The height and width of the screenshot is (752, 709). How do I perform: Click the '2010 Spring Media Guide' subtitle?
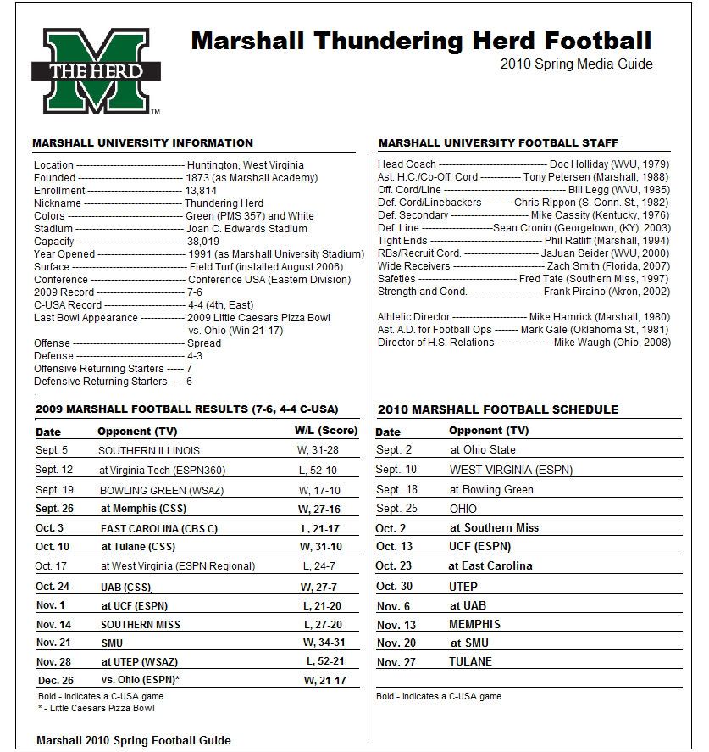pos(576,64)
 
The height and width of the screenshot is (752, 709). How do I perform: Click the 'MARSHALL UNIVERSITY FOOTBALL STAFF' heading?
pos(498,143)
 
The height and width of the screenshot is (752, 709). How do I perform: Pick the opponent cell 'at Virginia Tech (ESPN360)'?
pos(163,470)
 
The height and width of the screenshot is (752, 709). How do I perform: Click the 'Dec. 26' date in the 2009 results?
pos(56,680)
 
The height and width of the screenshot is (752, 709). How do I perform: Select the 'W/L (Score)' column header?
pos(325,432)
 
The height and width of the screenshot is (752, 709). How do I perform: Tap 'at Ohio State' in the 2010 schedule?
pos(483,450)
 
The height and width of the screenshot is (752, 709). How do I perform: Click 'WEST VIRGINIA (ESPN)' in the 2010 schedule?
pos(511,470)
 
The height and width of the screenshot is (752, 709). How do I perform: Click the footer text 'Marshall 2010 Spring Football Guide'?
pos(133,740)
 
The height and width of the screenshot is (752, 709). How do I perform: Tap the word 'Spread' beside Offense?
pos(204,343)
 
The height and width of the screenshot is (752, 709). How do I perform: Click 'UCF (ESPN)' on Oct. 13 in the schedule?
pos(480,547)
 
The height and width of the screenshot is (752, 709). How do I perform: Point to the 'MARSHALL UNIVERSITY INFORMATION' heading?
pos(142,143)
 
